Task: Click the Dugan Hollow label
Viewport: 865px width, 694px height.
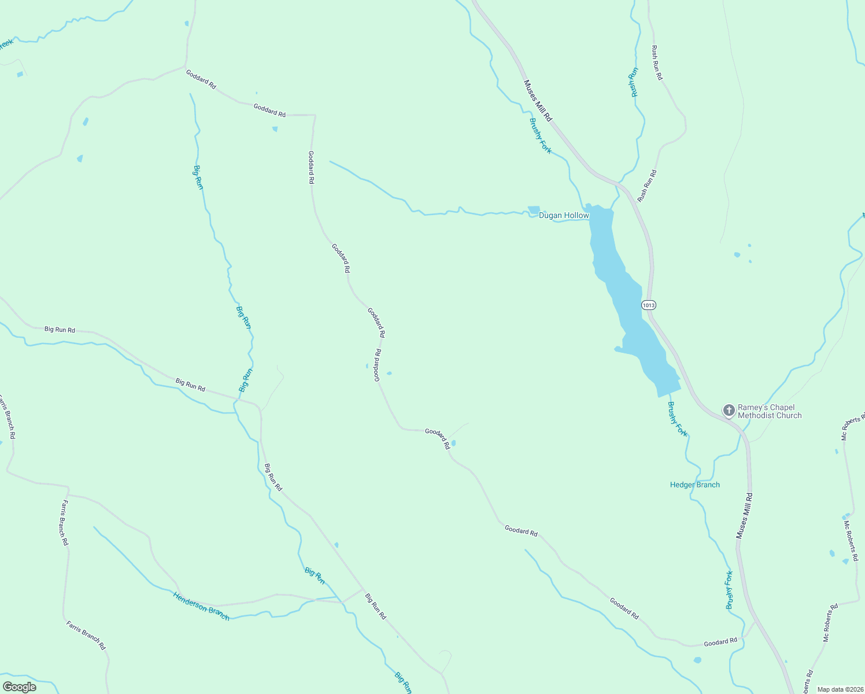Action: pos(564,216)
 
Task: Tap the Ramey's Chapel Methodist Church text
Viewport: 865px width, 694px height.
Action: pos(770,411)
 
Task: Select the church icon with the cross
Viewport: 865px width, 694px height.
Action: pos(729,411)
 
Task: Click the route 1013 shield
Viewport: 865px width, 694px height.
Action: pos(649,305)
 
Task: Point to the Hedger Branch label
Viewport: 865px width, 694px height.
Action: pos(694,485)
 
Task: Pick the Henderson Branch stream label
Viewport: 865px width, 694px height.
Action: pos(201,606)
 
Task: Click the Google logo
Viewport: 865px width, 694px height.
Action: pos(20,687)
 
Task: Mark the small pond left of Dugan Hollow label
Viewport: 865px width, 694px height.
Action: pos(534,210)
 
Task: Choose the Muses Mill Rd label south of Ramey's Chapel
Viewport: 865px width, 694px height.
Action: pos(744,516)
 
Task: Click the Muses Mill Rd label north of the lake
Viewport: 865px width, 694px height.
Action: pos(538,101)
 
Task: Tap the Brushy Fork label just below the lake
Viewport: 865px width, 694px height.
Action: pos(678,419)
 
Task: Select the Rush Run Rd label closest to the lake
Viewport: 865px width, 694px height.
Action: pos(647,186)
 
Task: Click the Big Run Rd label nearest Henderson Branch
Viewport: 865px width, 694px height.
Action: pos(375,606)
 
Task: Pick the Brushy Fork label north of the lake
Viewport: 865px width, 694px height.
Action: pos(541,136)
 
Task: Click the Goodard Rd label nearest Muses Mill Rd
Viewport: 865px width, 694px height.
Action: pos(720,642)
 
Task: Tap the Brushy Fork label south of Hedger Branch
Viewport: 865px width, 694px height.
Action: pos(730,590)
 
